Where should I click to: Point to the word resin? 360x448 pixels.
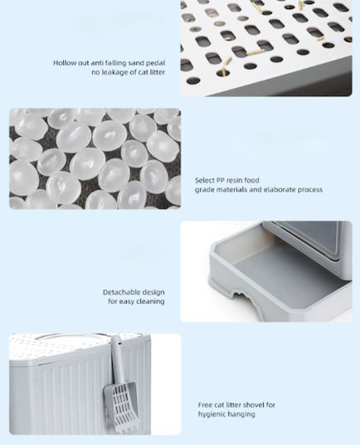tap(234, 180)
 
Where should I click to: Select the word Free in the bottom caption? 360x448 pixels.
tap(205, 405)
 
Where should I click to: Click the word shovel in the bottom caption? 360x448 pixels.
tap(255, 405)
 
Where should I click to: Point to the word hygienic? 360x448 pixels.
tap(211, 414)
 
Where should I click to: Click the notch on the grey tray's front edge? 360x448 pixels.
tap(242, 296)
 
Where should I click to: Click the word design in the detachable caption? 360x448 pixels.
tap(153, 292)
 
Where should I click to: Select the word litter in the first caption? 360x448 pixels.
tap(158, 72)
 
